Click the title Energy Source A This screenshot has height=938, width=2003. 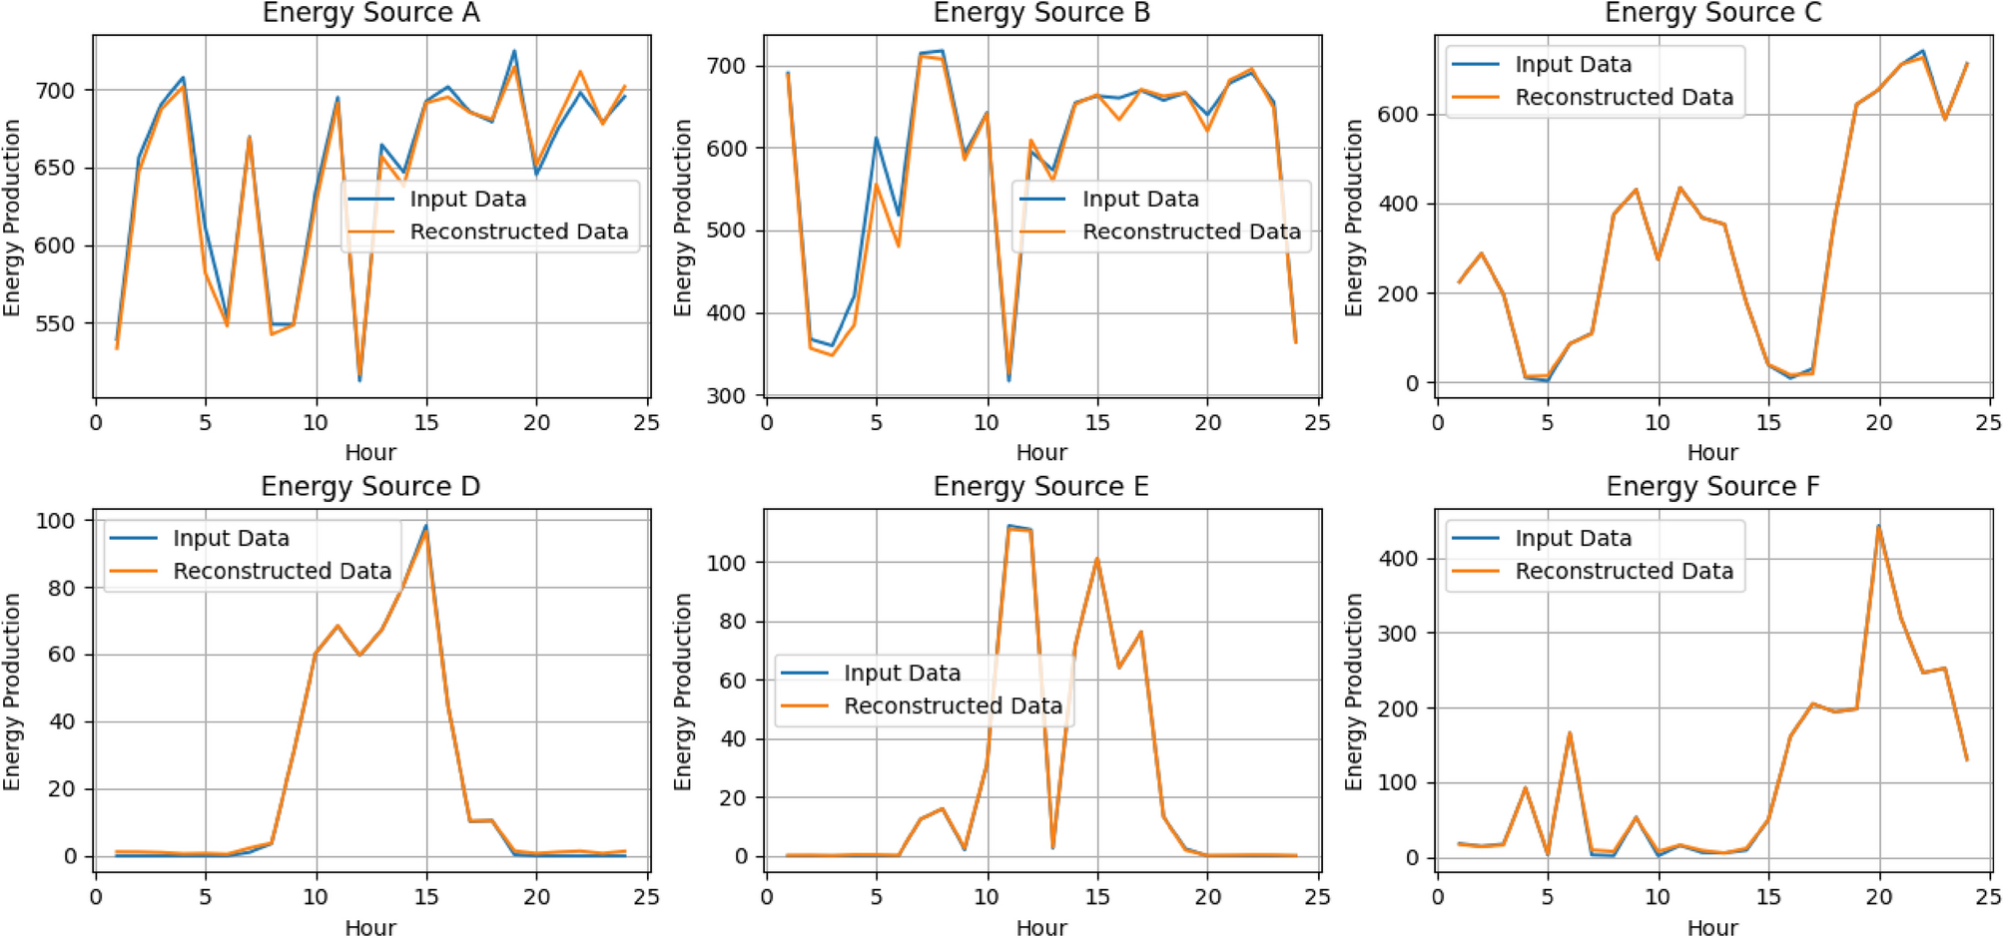click(370, 13)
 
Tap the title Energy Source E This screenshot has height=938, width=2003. click(1040, 486)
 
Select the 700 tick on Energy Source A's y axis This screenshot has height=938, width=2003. click(55, 91)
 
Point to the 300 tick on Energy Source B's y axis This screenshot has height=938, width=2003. click(726, 396)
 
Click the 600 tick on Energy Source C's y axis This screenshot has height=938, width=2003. click(1397, 115)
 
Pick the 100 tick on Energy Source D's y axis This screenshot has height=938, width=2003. click(55, 521)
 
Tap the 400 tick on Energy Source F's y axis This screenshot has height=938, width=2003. click(1397, 559)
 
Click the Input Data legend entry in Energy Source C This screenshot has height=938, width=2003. click(1573, 65)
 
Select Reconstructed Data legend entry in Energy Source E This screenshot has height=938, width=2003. click(953, 706)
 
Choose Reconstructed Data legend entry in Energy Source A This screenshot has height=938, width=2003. click(518, 232)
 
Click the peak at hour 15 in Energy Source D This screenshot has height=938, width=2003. click(426, 527)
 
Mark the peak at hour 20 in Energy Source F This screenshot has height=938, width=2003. click(1878, 527)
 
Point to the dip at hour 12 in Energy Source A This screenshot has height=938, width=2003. click(359, 378)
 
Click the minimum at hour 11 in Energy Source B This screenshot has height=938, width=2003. click(1008, 378)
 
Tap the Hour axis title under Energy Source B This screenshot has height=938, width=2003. click(1040, 452)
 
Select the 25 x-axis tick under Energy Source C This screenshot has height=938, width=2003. click(1988, 423)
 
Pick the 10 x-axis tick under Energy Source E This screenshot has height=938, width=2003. click(987, 896)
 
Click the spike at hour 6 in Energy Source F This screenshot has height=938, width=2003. click(1570, 733)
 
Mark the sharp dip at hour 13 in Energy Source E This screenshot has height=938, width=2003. click(1052, 847)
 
